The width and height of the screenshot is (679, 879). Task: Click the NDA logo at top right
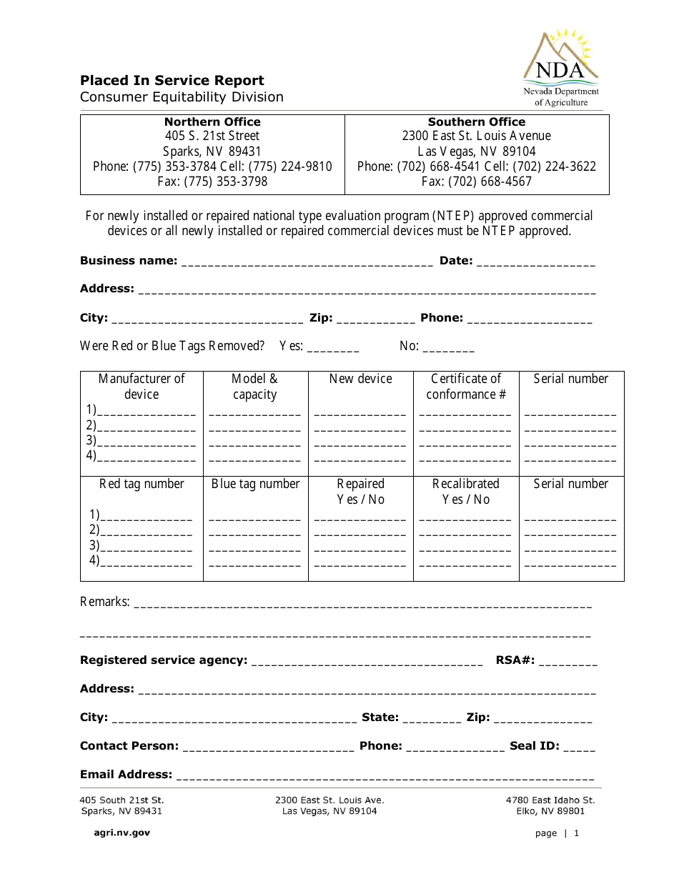pyautogui.click(x=561, y=68)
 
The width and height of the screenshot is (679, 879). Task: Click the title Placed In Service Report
pyautogui.click(x=172, y=81)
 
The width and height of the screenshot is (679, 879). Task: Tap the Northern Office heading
pyautogui.click(x=212, y=121)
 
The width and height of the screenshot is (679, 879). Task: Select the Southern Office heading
pyautogui.click(x=476, y=121)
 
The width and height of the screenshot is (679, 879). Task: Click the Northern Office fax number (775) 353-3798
pyautogui.click(x=212, y=182)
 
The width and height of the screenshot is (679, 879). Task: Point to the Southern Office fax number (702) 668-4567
pyautogui.click(x=476, y=182)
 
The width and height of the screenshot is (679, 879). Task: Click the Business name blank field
pyautogui.click(x=307, y=262)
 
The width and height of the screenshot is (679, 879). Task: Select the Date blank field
pyautogui.click(x=535, y=262)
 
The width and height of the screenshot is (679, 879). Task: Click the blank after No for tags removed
pyautogui.click(x=448, y=347)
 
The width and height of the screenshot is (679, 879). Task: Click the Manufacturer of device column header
pyautogui.click(x=142, y=387)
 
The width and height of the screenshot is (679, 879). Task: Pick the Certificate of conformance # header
pyautogui.click(x=466, y=387)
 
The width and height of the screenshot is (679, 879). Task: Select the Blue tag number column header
pyautogui.click(x=255, y=484)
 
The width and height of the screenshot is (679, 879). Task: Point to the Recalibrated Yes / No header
pyautogui.click(x=466, y=492)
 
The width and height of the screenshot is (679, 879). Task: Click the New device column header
pyautogui.click(x=360, y=379)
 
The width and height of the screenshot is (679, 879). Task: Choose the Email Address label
pyautogui.click(x=126, y=775)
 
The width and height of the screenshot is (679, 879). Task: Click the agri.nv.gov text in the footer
pyautogui.click(x=122, y=833)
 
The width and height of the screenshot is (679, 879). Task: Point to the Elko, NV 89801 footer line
pyautogui.click(x=550, y=811)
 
